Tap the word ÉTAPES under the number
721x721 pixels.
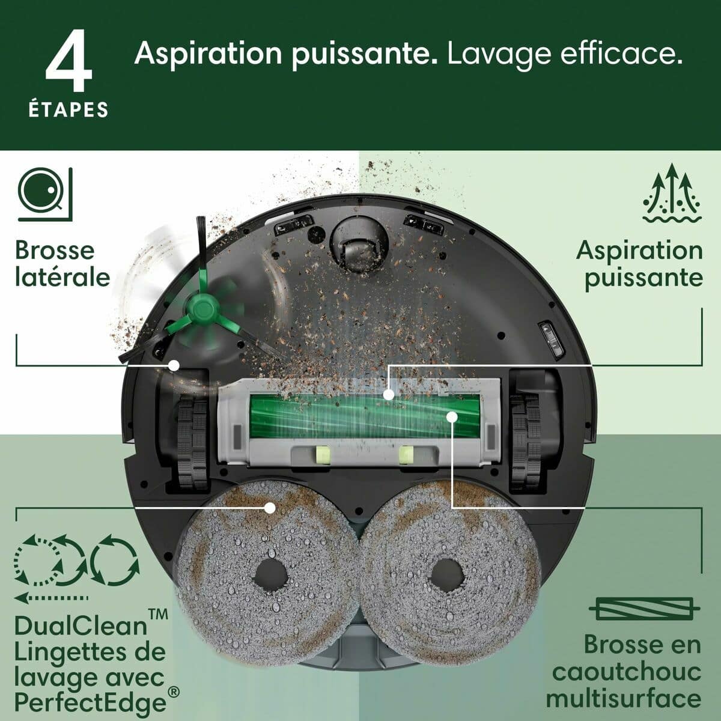(x=68, y=109)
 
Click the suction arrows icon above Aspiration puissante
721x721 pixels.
(x=672, y=193)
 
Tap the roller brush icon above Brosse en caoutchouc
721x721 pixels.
(x=645, y=609)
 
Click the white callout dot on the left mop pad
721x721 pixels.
(x=270, y=508)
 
